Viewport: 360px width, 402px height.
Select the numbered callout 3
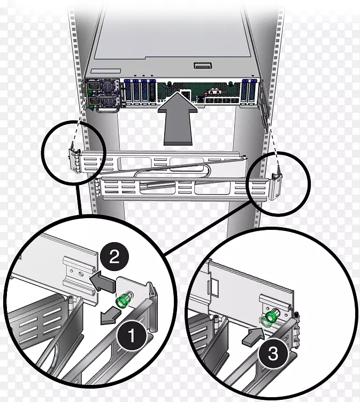point(273,353)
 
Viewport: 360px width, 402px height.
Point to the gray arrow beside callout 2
point(102,282)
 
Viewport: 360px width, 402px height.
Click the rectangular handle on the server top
point(203,66)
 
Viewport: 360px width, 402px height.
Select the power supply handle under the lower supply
point(108,110)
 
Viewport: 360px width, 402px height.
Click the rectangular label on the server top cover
point(105,71)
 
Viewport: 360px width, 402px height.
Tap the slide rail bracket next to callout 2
point(80,274)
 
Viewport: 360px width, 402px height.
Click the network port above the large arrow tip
point(185,93)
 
